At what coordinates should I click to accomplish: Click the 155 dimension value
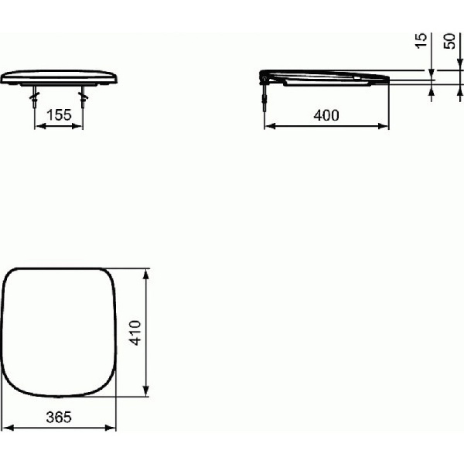59,115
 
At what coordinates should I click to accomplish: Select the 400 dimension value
327,115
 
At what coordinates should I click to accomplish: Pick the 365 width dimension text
59,417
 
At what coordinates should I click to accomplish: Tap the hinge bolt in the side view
265,97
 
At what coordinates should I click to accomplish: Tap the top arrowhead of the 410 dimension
147,271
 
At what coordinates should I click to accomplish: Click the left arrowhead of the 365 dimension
5,428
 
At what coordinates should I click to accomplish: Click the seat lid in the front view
60,77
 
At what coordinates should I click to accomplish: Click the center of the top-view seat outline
60,333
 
